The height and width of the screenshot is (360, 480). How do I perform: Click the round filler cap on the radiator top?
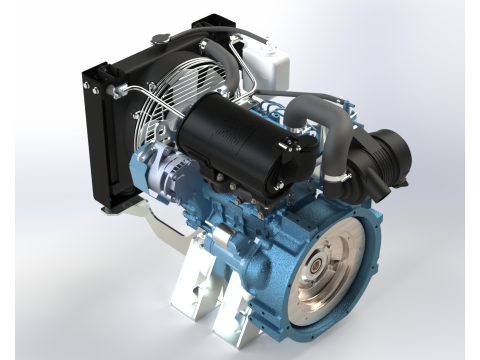pyautogui.click(x=161, y=38)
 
